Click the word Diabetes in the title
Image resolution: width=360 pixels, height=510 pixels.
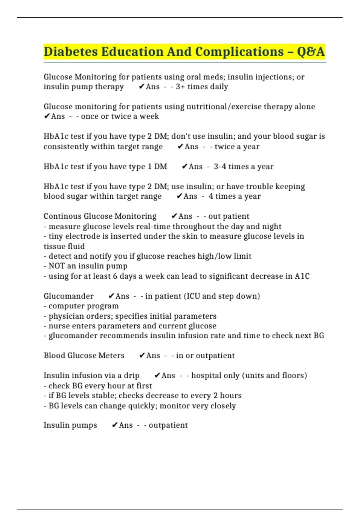[70, 52]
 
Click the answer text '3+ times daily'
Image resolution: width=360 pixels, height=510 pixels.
[202, 87]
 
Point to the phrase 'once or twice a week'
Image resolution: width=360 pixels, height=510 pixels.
[120, 116]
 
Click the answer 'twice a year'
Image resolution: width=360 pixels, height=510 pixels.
[237, 147]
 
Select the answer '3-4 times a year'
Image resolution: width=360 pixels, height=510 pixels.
[244, 166]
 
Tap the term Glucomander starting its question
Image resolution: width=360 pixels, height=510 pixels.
[68, 296]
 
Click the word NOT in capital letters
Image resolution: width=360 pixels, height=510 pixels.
[57, 266]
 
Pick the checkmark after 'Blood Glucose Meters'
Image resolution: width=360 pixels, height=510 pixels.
[142, 355]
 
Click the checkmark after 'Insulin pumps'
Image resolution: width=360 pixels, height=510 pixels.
[114, 425]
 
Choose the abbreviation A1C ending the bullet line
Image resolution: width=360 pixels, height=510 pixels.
[302, 276]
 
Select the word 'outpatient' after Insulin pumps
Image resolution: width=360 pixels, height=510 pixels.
[168, 425]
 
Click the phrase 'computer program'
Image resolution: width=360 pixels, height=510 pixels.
[84, 306]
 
